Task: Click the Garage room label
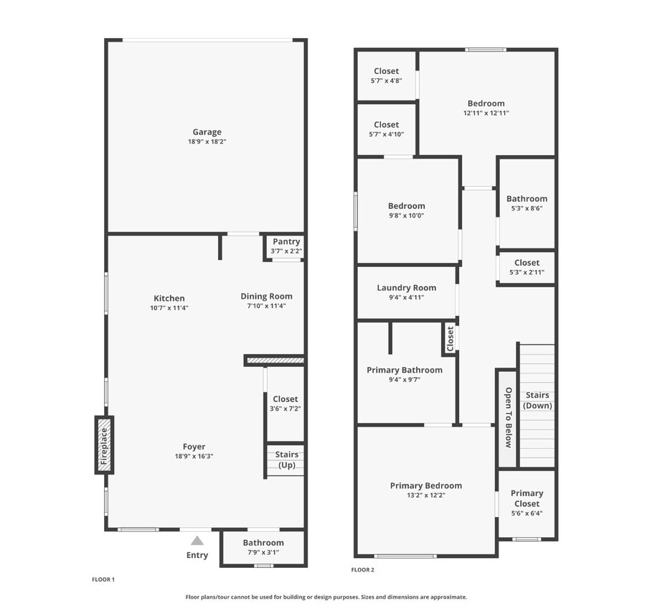pyautogui.click(x=207, y=132)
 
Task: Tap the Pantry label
pyautogui.click(x=286, y=242)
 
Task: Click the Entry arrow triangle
pyautogui.click(x=197, y=541)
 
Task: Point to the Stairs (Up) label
pyautogui.click(x=286, y=460)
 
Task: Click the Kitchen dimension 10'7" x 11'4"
pyautogui.click(x=169, y=308)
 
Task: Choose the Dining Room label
pyautogui.click(x=266, y=296)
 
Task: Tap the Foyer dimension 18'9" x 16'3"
pyautogui.click(x=194, y=456)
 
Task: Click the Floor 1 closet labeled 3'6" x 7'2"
pyautogui.click(x=285, y=404)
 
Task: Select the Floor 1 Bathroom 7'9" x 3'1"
pyautogui.click(x=263, y=547)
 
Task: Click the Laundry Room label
pyautogui.click(x=406, y=288)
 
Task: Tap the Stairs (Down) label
pyautogui.click(x=537, y=400)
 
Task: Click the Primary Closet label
pyautogui.click(x=527, y=498)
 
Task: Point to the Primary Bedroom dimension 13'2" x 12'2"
pyautogui.click(x=426, y=495)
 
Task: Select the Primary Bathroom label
pyautogui.click(x=405, y=370)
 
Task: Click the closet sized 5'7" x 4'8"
pyautogui.click(x=386, y=75)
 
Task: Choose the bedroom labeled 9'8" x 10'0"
pyautogui.click(x=407, y=210)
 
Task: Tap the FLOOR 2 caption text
pyautogui.click(x=362, y=570)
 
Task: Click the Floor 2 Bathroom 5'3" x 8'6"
pyautogui.click(x=527, y=203)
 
